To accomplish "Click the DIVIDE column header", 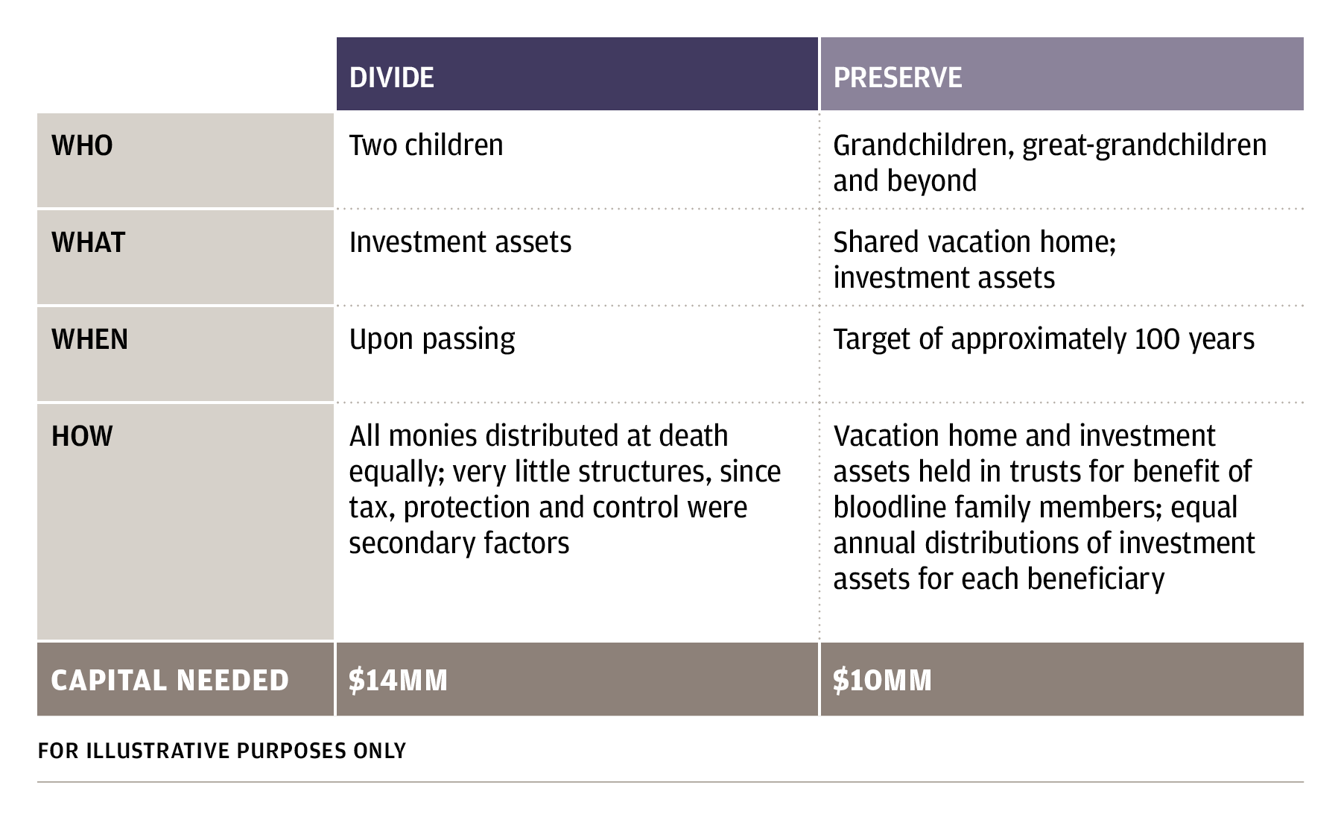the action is point(391,78).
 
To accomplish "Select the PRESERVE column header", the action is point(897,78).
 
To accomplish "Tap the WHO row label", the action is point(82,145).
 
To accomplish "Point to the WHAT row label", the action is point(88,242).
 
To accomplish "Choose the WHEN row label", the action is point(89,339).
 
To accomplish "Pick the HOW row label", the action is point(82,436).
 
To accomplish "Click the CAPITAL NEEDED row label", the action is point(170,680).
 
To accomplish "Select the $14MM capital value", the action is point(398,680).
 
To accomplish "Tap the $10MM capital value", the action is point(882,680).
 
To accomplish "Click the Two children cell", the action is point(426,145).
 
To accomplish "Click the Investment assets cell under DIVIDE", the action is point(460,242).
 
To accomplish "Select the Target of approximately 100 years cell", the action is point(1044,340).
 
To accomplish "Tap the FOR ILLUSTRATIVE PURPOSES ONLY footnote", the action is point(222,751).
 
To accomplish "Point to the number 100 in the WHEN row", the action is point(1158,339).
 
